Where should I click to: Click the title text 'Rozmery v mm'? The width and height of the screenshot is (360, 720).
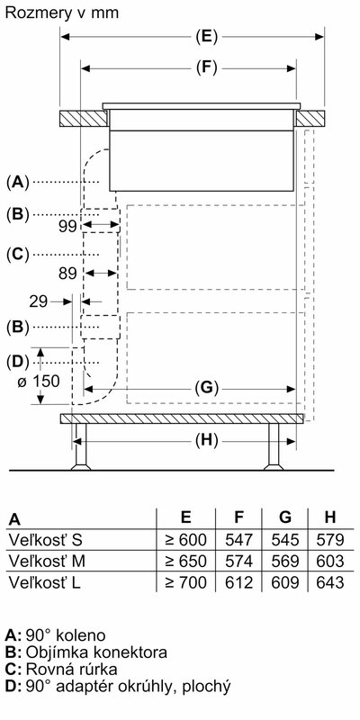(x=62, y=13)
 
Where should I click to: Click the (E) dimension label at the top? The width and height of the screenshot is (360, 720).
(x=206, y=36)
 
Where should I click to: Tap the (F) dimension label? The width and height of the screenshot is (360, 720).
(x=206, y=68)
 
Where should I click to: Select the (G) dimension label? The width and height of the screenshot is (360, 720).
(x=206, y=389)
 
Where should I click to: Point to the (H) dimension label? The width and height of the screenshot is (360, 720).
(x=206, y=441)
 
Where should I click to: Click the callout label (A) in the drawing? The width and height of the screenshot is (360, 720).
(x=17, y=183)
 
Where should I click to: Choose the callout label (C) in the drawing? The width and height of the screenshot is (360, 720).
(x=17, y=254)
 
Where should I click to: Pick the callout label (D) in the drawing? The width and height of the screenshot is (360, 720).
(x=17, y=362)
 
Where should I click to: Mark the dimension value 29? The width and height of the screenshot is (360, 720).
(x=39, y=301)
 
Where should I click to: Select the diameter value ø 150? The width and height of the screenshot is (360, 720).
(x=38, y=381)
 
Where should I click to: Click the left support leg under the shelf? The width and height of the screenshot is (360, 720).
(x=81, y=445)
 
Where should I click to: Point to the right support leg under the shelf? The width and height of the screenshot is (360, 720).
(x=274, y=445)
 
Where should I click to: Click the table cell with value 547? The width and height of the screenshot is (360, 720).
(x=238, y=539)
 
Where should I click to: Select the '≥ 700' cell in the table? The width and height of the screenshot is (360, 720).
(x=185, y=582)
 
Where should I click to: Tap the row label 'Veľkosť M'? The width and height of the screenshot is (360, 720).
(x=47, y=561)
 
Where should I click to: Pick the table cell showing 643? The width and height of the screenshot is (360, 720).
(x=330, y=582)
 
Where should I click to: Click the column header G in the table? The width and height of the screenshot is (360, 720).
(x=285, y=517)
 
